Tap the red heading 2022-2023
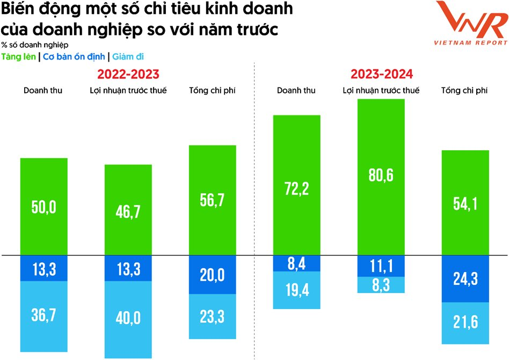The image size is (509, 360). tap(128, 74)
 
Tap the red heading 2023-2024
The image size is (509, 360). tap(382, 74)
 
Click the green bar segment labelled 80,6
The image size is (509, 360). tap(381, 177)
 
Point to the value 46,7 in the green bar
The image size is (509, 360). tap(128, 211)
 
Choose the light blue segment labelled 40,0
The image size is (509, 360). tap(128, 319)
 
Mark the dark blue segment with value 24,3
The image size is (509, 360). tap(465, 279)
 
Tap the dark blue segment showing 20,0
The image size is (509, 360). tap(212, 275)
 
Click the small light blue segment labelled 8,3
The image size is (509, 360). tap(381, 284)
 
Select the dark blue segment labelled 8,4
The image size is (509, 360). tap(297, 263)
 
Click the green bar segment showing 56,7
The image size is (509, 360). tap(212, 200)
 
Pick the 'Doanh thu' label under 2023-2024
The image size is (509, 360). tap(296, 90)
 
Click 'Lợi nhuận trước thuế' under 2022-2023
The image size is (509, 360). tap(128, 90)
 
